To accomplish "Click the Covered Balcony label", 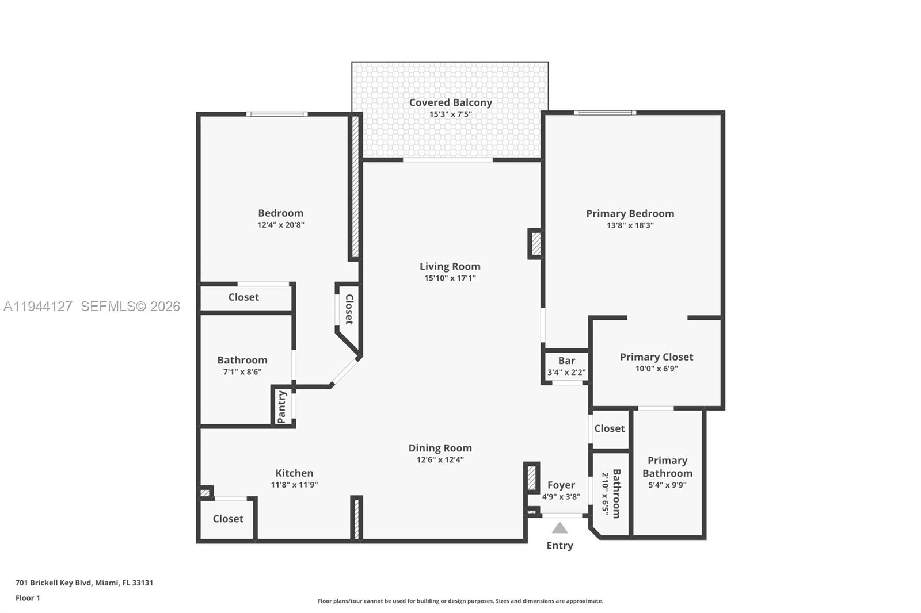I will coord(450,102).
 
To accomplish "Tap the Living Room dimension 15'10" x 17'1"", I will coord(450,278).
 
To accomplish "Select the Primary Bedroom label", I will coord(630,213).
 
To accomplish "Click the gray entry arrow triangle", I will coord(560,528).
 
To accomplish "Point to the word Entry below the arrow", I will coord(560,545).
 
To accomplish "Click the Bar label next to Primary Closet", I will coord(566,361).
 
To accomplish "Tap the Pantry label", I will coord(282,407).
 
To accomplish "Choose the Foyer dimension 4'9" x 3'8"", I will coord(561,497).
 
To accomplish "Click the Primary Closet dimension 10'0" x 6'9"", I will coord(656,369).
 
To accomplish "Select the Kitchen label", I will coord(294,473).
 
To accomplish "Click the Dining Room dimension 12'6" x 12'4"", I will coord(440,459).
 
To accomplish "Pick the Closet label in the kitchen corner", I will coord(228,519).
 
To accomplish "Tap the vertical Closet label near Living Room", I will coord(349,309).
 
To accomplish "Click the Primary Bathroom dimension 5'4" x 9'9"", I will coord(667,485).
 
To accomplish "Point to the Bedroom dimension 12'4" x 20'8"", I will coord(280,225).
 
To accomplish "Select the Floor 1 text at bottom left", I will coord(28,598).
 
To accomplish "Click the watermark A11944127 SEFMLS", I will coord(92,306).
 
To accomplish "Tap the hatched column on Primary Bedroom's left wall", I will coord(535,244).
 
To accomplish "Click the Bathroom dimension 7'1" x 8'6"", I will coord(242,372).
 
